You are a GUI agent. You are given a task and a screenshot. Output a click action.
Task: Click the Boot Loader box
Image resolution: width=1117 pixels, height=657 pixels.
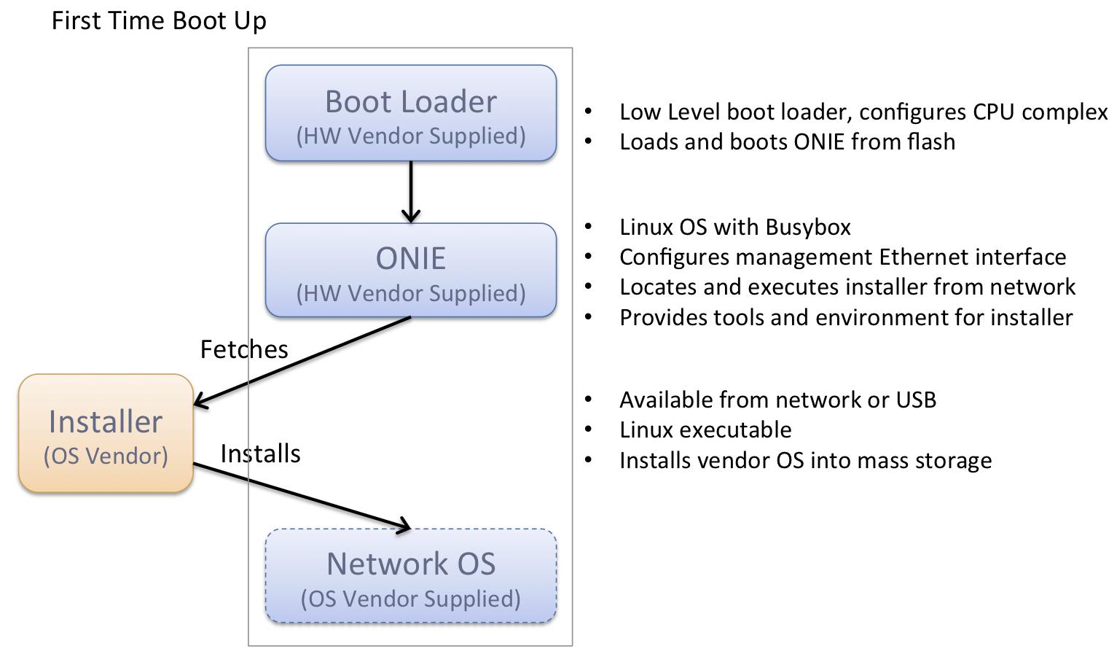click(411, 113)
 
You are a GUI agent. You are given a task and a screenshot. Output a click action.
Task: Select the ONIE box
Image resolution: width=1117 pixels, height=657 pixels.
click(411, 271)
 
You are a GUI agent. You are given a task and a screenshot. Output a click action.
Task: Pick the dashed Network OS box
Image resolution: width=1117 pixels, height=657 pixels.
click(411, 576)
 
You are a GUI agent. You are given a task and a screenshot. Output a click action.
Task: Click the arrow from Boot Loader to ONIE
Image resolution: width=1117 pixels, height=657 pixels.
click(411, 191)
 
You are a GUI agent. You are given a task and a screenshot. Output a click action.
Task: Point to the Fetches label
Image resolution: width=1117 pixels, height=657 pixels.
click(244, 350)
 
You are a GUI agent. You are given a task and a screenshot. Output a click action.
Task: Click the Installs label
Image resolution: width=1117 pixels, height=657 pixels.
click(260, 454)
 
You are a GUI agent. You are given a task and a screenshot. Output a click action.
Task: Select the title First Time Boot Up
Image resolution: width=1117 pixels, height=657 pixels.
click(159, 21)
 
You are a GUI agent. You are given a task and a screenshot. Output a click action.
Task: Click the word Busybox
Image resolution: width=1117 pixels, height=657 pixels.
click(808, 228)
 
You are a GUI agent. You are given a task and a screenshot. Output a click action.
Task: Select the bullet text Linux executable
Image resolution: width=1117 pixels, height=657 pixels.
click(705, 430)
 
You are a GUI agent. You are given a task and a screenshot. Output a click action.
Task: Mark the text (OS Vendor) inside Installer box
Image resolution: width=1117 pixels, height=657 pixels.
click(106, 456)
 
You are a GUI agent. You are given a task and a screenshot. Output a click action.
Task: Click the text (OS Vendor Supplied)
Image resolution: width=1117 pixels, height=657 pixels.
click(411, 599)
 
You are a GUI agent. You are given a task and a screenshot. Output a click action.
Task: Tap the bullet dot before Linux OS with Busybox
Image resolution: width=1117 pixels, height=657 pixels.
click(588, 228)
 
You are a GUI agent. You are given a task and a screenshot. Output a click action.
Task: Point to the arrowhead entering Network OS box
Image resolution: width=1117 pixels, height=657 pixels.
click(404, 526)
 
